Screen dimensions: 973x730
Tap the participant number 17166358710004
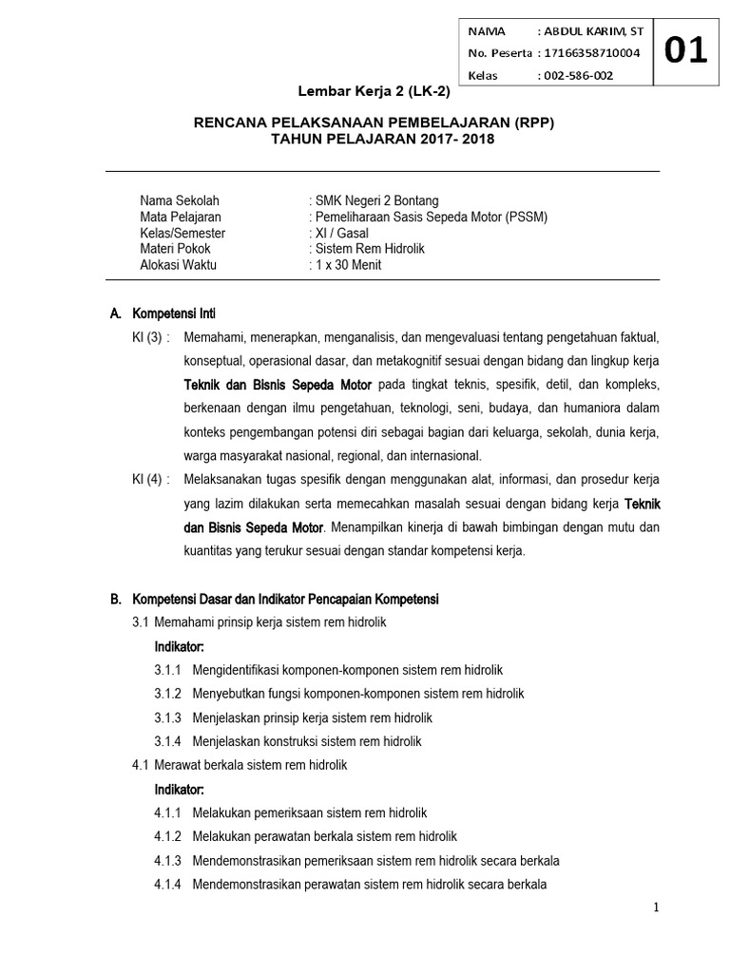588,53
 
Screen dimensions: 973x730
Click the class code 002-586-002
577,75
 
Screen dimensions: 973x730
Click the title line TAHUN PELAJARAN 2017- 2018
383,139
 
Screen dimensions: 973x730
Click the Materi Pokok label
175,249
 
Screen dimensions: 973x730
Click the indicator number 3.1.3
169,717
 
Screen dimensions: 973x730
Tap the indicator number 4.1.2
169,836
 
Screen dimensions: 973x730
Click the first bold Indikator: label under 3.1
180,646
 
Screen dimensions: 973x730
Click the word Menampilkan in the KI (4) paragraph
368,526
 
